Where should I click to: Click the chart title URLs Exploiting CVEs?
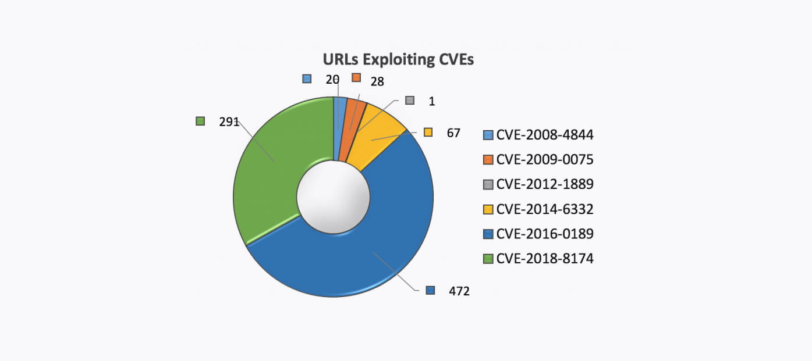(x=398, y=60)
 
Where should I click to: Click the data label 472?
(x=459, y=291)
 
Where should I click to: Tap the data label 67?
(x=453, y=133)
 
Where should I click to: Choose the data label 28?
(x=377, y=81)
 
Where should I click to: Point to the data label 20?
(x=332, y=80)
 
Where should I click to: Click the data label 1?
(x=432, y=101)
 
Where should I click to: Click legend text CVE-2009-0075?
(x=545, y=160)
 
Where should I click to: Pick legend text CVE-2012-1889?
(x=545, y=185)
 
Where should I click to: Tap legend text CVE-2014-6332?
(x=545, y=209)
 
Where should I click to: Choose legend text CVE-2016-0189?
(x=545, y=234)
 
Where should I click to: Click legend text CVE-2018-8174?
(x=545, y=259)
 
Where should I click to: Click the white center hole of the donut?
(x=333, y=197)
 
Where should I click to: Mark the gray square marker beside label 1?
(x=410, y=101)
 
